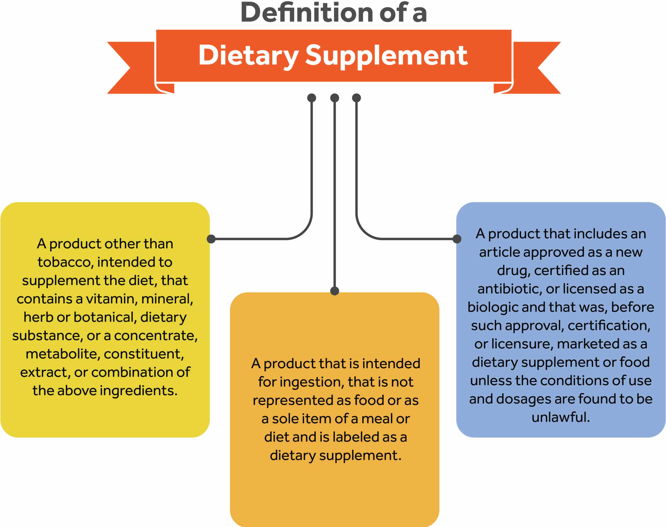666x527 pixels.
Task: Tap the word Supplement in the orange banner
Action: point(387,56)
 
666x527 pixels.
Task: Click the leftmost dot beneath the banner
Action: point(312,98)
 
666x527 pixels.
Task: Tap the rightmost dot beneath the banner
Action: point(356,98)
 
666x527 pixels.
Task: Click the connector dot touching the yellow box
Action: point(211,239)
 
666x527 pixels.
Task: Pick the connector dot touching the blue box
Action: point(457,239)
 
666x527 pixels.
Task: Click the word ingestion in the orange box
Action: point(312,382)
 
